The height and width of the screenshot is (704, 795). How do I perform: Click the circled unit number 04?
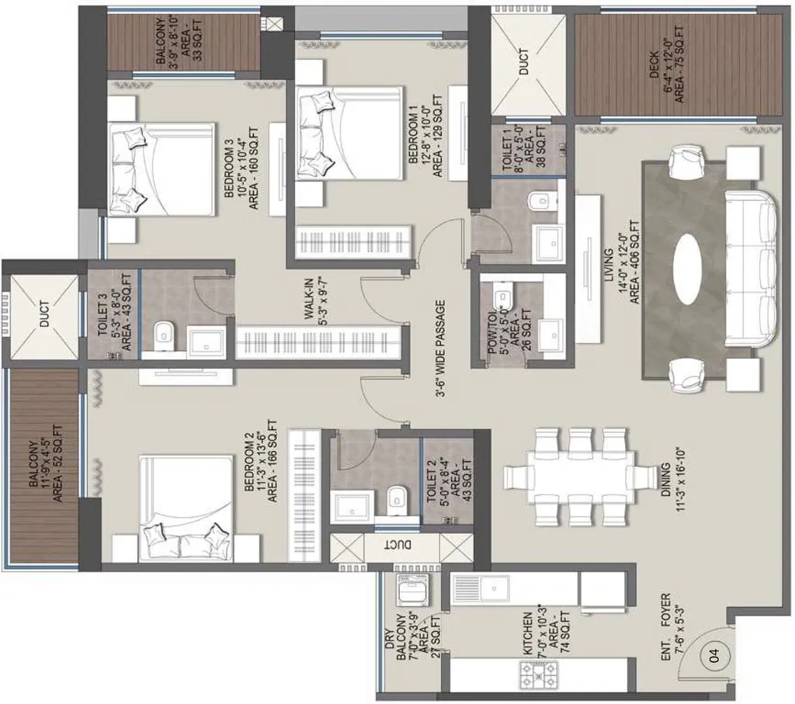pyautogui.click(x=712, y=655)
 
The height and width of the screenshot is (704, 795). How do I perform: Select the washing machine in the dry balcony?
pyautogui.click(x=408, y=591)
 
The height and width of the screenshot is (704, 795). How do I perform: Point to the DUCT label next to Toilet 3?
pyautogui.click(x=43, y=314)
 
